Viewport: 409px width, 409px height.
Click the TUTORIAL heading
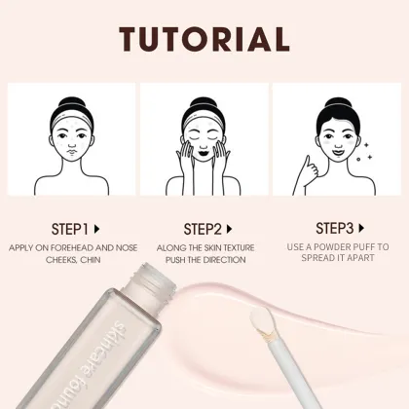coord(204,39)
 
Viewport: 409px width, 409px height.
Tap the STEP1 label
coord(70,229)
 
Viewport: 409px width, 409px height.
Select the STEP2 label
coord(203,229)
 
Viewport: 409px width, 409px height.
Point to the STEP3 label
coord(335,228)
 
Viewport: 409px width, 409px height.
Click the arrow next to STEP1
coord(96,229)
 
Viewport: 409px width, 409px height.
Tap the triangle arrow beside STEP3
coord(361,228)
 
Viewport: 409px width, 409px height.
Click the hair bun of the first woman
coord(72,104)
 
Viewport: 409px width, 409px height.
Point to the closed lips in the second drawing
coord(204,152)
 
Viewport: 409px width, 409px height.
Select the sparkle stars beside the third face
coord(364,151)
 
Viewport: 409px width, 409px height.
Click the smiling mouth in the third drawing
coord(338,151)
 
